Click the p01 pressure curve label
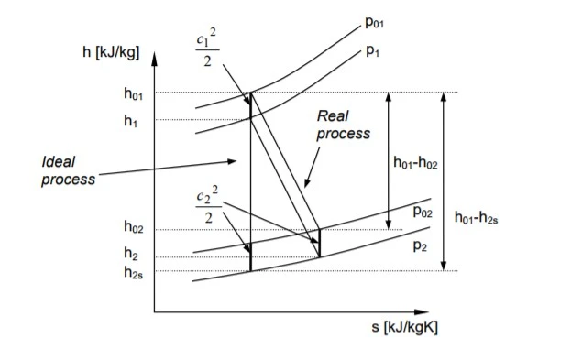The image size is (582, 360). tap(374, 23)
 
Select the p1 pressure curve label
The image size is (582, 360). tap(373, 51)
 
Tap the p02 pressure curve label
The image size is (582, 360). tap(423, 212)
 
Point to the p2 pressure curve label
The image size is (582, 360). tap(420, 245)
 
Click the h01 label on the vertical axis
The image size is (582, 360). tap(133, 93)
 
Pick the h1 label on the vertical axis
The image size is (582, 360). tap(131, 121)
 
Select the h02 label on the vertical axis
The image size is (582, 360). tap(134, 226)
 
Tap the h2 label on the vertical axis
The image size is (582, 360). tap(131, 254)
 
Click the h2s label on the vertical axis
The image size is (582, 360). tap(133, 272)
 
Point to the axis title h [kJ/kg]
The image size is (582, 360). tap(111, 52)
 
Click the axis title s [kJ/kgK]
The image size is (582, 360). tap(404, 327)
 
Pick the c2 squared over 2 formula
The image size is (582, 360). tap(208, 205)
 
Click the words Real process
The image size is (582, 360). tap(344, 125)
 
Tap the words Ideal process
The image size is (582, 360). tap(69, 170)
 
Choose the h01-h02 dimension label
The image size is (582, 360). tap(415, 163)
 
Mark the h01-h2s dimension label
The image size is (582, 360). tap(477, 217)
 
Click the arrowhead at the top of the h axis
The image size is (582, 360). tap(154, 59)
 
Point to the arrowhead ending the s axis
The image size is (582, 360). tap(422, 312)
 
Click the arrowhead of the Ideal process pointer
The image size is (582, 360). tap(232, 161)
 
